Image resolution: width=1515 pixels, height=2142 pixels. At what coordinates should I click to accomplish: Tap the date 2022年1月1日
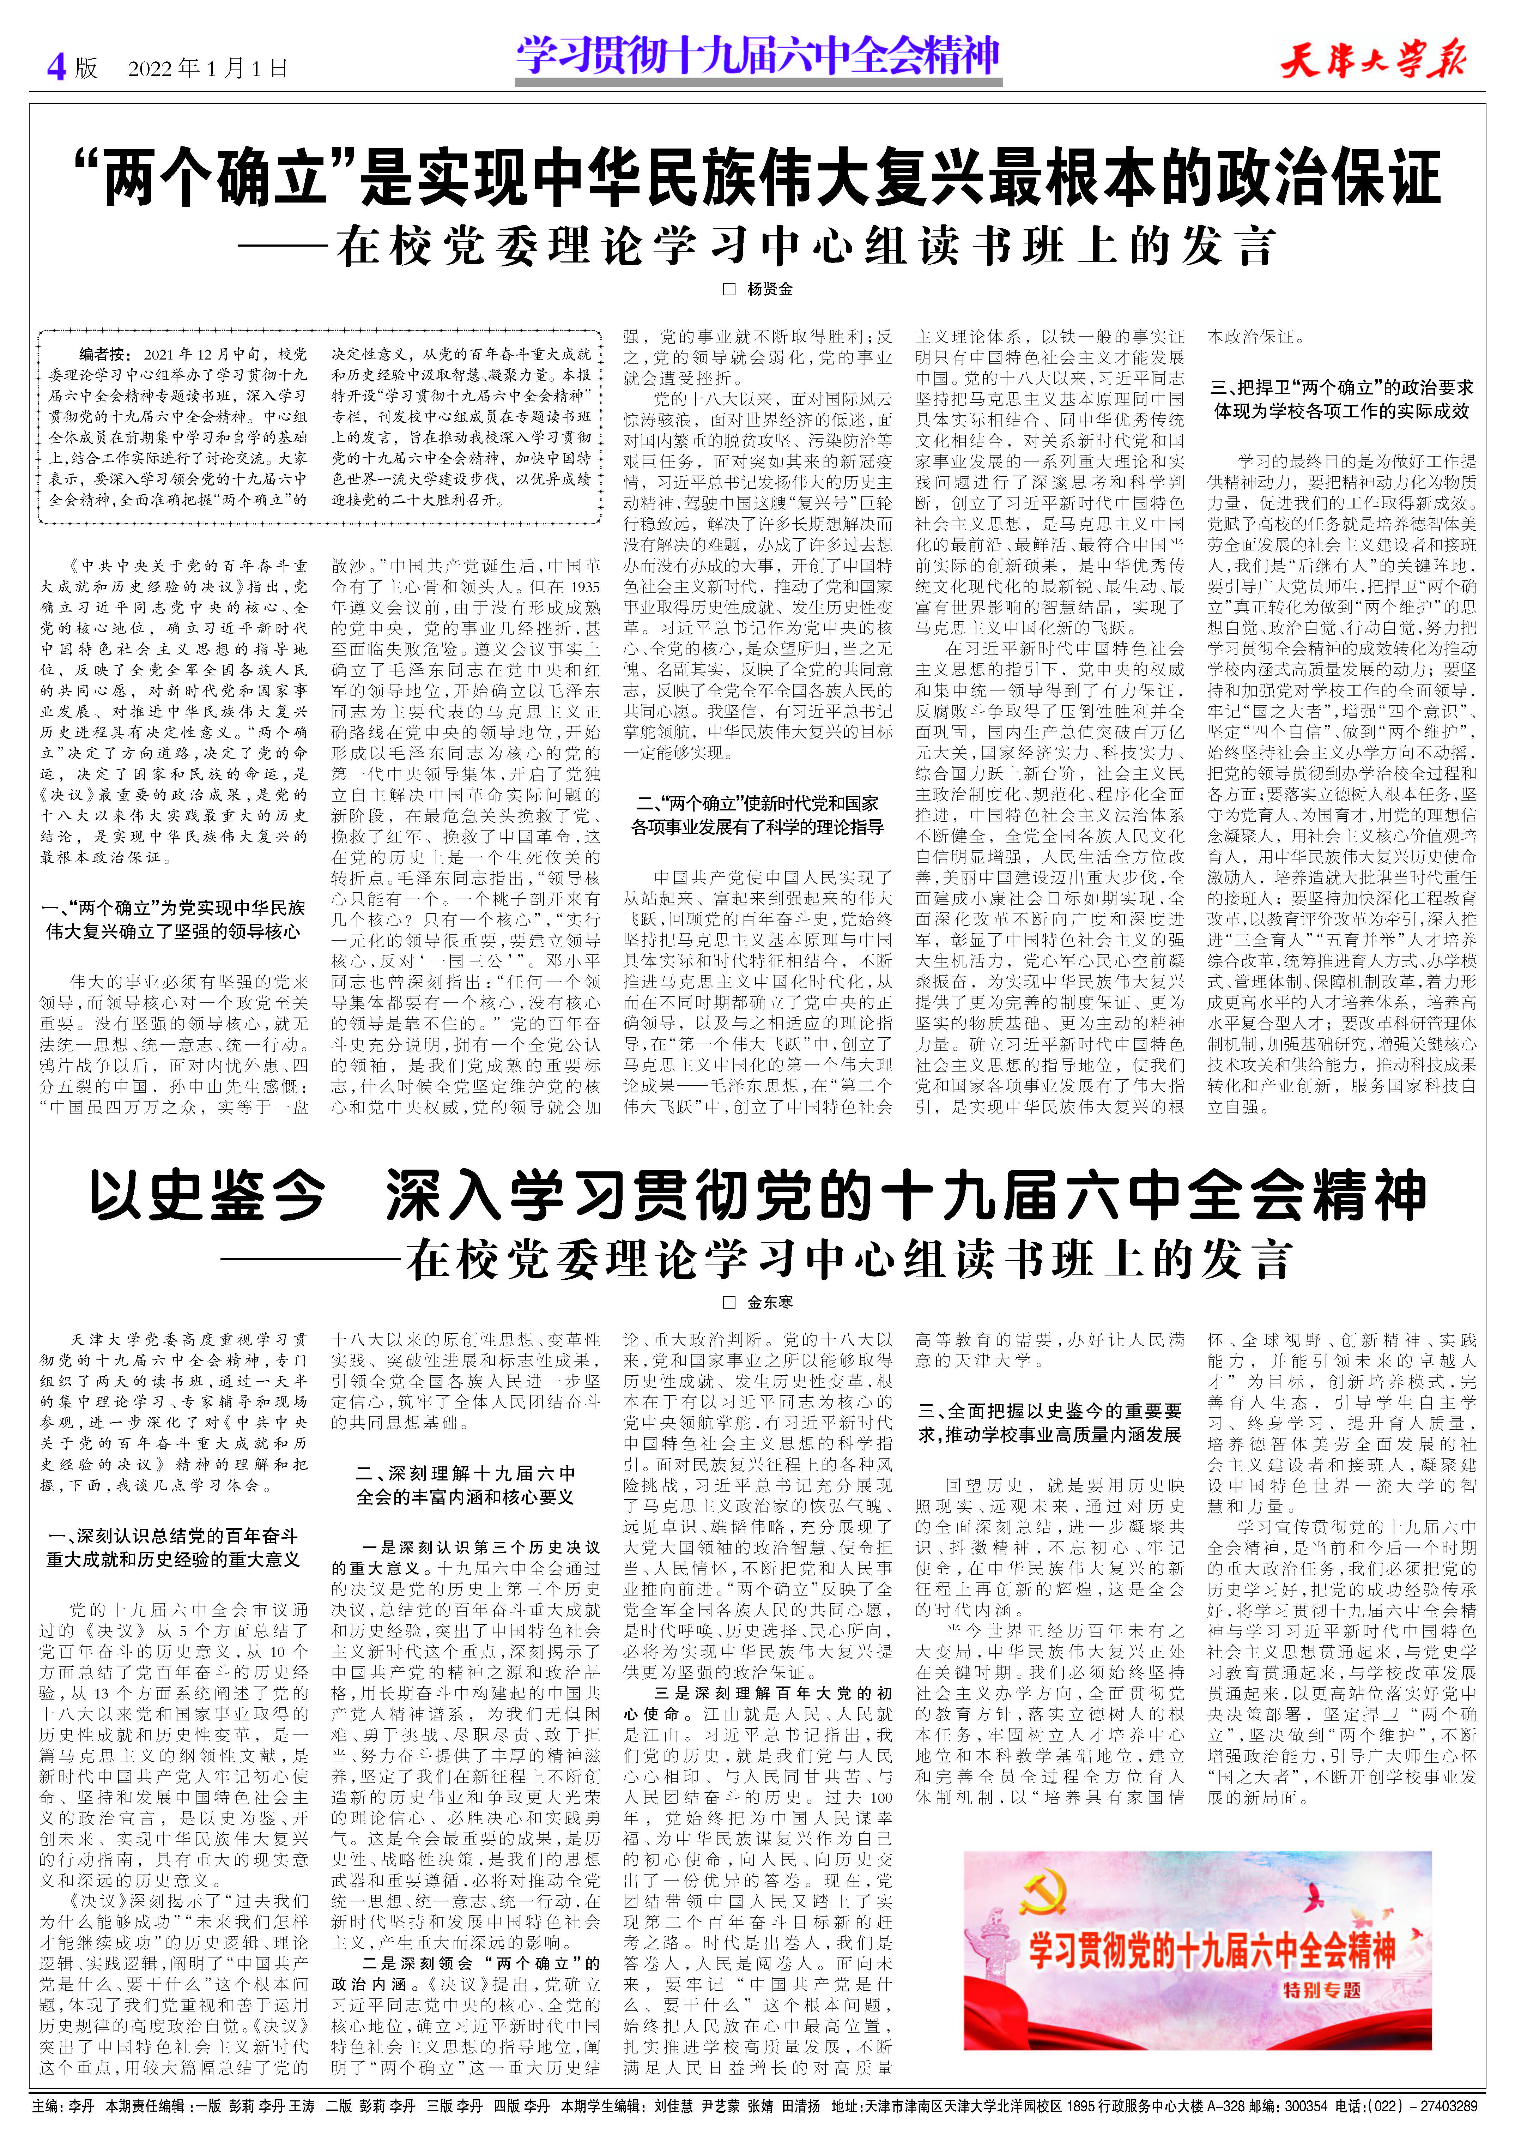[207, 68]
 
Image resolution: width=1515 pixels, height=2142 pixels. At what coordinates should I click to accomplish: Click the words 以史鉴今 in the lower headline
[207, 1196]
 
